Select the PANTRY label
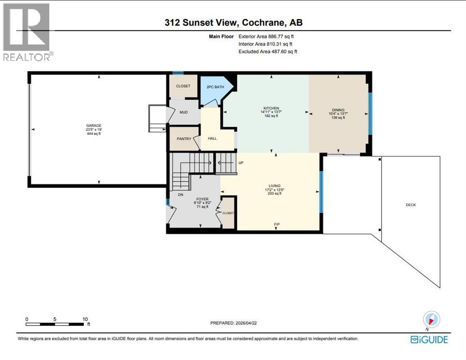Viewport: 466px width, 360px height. point(184,139)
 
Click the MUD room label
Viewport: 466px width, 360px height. point(184,112)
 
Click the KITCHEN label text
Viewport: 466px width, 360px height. point(271,108)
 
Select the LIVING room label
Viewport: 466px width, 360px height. point(274,186)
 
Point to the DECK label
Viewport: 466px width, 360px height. point(411,205)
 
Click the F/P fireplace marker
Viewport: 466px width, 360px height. point(277,225)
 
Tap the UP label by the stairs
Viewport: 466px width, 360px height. point(241,163)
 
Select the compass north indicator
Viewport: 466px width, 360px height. point(432,320)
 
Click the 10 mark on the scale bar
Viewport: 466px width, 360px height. point(85,319)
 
